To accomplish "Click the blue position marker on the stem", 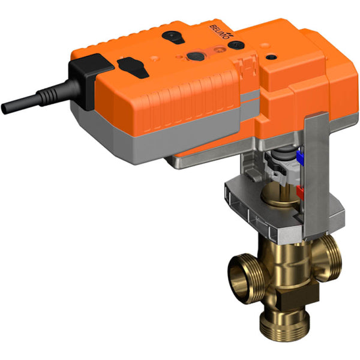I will [x=301, y=160].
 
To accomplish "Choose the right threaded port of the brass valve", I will [x=330, y=253].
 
